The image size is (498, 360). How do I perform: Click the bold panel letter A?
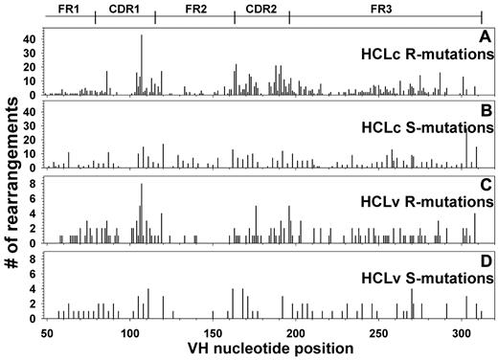point(485,37)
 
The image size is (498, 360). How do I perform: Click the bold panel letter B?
point(485,111)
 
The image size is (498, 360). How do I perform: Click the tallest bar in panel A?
point(141,65)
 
